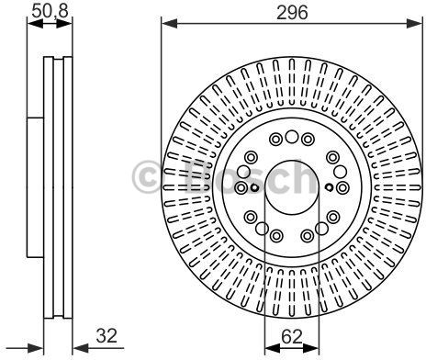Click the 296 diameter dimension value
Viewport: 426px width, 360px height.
point(292,13)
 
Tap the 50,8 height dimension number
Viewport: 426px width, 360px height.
point(50,11)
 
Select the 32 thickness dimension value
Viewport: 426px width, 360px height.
point(106,335)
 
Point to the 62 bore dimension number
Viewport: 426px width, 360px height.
point(292,337)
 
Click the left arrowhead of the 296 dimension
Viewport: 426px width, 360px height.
point(169,23)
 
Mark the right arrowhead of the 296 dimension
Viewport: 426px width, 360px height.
point(414,23)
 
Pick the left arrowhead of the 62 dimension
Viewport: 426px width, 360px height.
point(273,348)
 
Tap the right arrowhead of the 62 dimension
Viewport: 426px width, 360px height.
point(311,348)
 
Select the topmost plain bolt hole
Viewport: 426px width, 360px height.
point(292,137)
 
